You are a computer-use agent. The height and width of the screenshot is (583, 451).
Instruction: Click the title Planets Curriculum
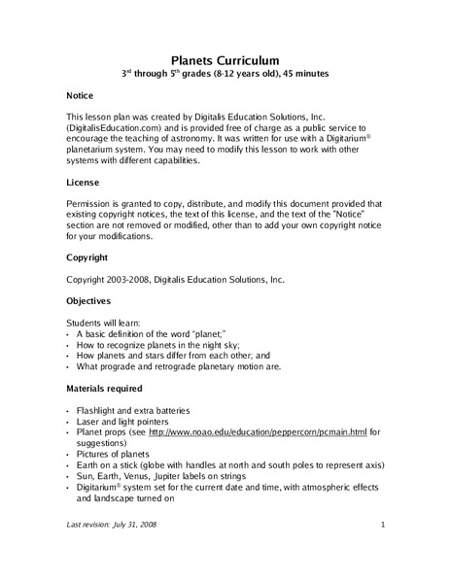pyautogui.click(x=225, y=60)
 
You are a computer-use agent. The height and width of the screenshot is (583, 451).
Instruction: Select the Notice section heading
pyautogui.click(x=81, y=98)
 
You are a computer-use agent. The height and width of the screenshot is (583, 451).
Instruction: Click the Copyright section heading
pyautogui.click(x=87, y=257)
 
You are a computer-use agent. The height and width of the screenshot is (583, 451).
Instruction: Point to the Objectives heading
pyautogui.click(x=89, y=301)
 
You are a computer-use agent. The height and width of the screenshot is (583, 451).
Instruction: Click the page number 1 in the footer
pyautogui.click(x=383, y=525)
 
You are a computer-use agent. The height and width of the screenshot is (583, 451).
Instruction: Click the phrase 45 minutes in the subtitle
pyautogui.click(x=304, y=75)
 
